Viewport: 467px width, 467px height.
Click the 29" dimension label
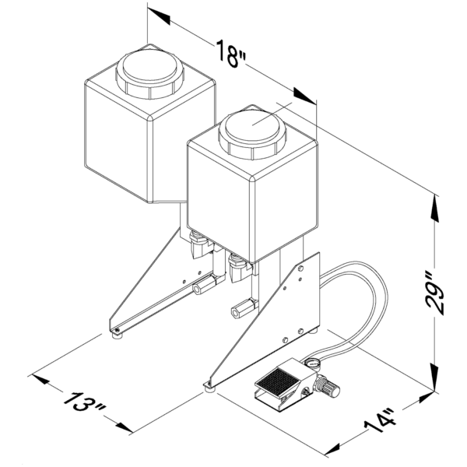(x=435, y=293)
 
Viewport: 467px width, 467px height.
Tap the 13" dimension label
(x=84, y=403)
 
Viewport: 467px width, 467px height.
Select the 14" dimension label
(x=381, y=422)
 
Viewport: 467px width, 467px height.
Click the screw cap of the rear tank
(x=149, y=74)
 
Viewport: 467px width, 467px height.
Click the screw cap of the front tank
(x=252, y=135)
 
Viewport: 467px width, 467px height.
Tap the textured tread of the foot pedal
(x=277, y=382)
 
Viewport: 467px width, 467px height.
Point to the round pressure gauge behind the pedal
(x=312, y=363)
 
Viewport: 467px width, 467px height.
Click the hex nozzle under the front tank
(x=243, y=308)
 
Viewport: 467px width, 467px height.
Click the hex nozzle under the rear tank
(x=205, y=285)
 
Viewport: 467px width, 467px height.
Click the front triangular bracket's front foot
(x=209, y=387)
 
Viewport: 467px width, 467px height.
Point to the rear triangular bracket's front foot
(x=117, y=335)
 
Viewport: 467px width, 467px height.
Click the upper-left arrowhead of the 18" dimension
(x=159, y=16)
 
